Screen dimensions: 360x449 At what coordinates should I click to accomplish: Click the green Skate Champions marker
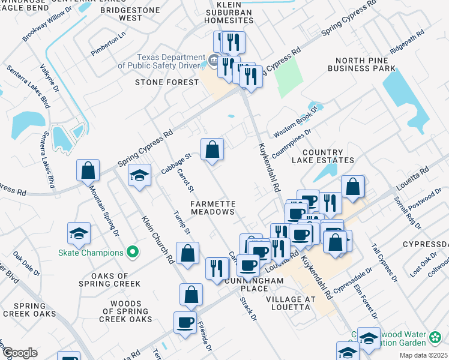coord(134,253)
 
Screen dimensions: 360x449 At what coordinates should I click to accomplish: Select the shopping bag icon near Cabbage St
coord(212,150)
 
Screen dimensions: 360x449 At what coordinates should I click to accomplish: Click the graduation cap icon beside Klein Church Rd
coord(140,175)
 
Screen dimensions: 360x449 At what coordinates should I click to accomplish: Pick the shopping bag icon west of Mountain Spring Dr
coord(88,170)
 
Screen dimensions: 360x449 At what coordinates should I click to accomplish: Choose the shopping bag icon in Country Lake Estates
coord(352,187)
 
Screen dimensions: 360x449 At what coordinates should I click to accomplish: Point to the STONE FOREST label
coord(166,82)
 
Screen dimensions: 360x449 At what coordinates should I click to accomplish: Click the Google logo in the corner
coord(19,353)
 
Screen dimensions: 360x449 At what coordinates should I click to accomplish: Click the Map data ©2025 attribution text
coord(423,355)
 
